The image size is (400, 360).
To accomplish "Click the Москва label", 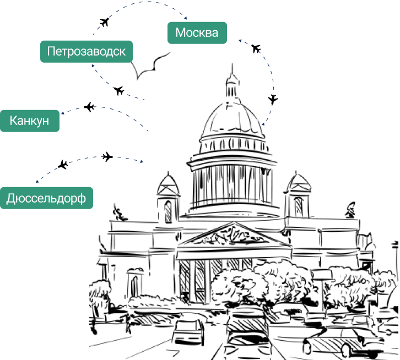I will [x=197, y=33].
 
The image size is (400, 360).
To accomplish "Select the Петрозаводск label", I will [x=87, y=52].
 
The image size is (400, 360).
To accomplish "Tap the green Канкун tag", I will [x=30, y=121].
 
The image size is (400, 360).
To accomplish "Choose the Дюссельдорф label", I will [x=46, y=198].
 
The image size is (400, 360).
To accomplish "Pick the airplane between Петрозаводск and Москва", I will [x=105, y=23].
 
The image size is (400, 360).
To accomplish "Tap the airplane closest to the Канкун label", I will [x=89, y=107].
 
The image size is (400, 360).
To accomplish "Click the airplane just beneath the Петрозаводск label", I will [x=118, y=90].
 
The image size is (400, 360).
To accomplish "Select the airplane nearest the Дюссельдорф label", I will [x=63, y=165].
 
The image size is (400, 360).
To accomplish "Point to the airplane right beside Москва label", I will [x=256, y=48].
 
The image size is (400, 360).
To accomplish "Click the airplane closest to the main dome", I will [x=273, y=100].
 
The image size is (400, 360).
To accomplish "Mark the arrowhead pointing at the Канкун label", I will [x=63, y=113].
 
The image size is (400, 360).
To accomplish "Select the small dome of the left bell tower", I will [x=167, y=184].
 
